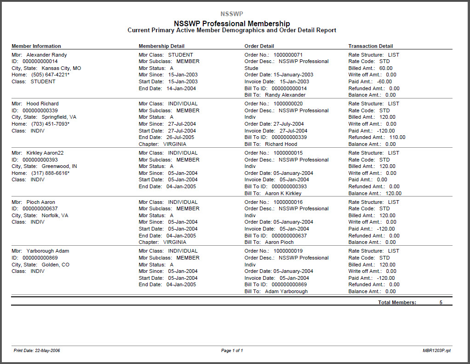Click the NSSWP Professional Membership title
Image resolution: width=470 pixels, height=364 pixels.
232,23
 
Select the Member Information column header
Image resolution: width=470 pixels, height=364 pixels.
36,46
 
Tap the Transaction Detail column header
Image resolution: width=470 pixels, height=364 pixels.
371,46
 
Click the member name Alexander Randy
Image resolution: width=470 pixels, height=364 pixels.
46,55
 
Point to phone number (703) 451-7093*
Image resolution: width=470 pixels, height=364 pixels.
50,124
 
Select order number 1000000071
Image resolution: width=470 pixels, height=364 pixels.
288,55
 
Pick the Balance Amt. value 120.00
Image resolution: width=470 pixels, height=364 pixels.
393,193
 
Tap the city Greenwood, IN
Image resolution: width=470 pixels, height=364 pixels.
59,166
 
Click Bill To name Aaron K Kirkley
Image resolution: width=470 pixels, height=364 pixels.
283,193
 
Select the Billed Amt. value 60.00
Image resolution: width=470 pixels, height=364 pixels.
386,68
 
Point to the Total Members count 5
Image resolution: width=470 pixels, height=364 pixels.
441,302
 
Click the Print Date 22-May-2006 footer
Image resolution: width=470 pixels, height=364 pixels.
37,351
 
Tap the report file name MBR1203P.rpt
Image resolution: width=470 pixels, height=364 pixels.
437,351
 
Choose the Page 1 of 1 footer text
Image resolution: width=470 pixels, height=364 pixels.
232,351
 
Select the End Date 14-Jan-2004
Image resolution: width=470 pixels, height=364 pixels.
181,88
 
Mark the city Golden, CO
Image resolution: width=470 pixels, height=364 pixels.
56,265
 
